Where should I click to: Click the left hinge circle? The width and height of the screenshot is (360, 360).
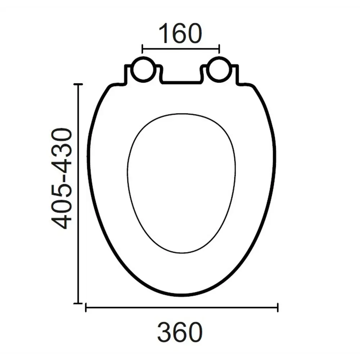[143, 69]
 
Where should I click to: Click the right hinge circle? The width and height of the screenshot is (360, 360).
[218, 69]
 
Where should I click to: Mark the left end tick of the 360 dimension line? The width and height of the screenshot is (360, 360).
[86, 308]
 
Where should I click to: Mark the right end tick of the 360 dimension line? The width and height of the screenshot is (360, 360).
[278, 308]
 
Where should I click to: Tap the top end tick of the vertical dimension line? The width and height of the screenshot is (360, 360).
[78, 84]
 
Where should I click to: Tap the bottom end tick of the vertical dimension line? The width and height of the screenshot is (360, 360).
[78, 303]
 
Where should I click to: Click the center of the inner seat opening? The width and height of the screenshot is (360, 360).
[181, 182]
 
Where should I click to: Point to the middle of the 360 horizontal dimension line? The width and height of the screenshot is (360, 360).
[181, 308]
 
